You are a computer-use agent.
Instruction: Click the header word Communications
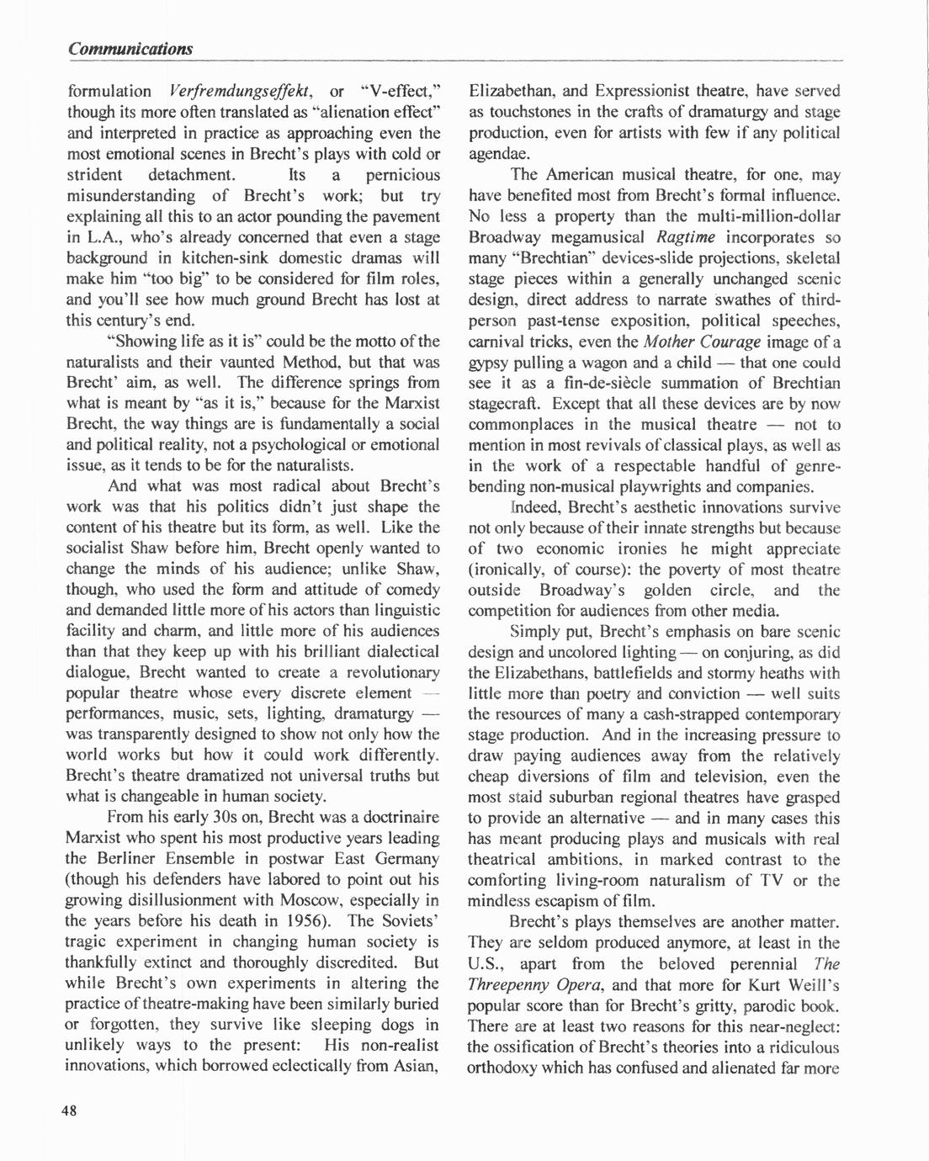click(130, 48)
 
